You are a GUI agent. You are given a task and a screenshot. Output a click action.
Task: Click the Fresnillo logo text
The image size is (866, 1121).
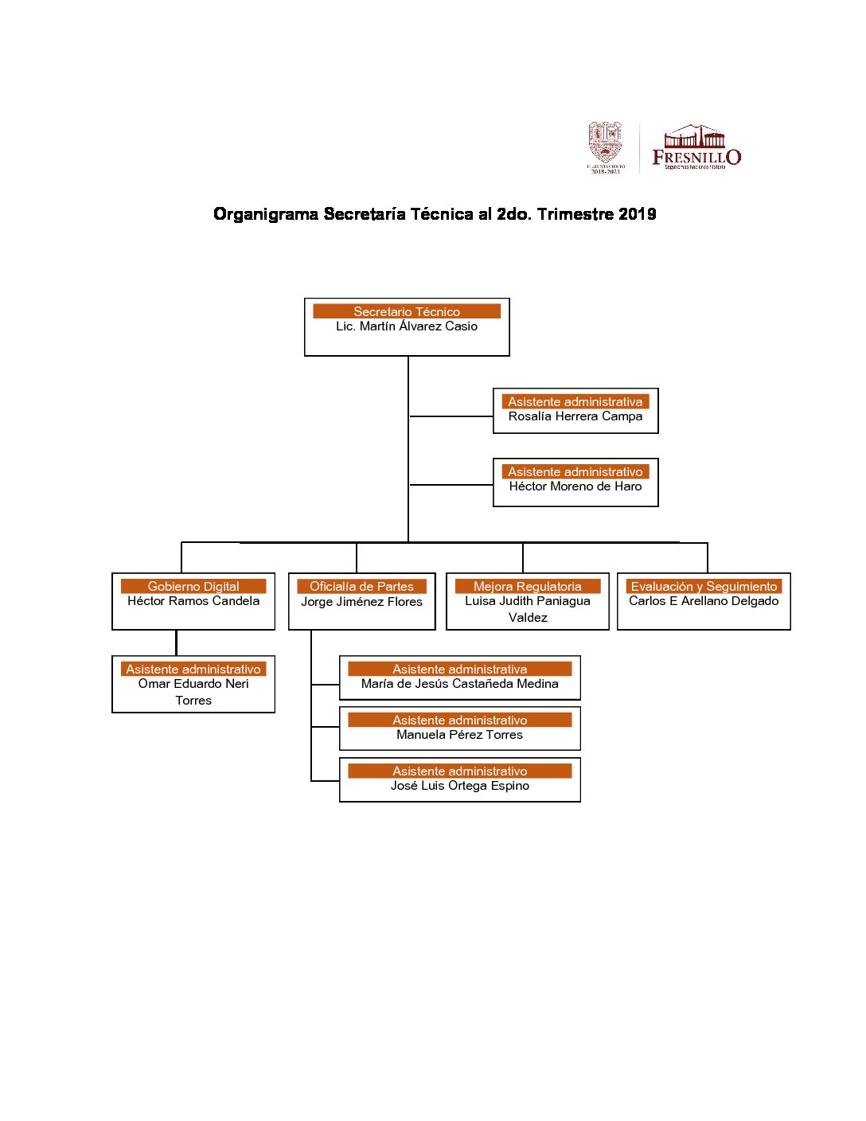696,157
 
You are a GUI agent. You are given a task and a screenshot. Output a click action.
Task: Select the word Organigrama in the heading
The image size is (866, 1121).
266,213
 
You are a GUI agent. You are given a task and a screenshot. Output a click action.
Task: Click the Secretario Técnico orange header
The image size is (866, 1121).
407,311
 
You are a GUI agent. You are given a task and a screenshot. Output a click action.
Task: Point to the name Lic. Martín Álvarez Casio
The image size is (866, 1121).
407,326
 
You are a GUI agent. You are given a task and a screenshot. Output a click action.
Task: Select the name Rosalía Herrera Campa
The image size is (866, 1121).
575,416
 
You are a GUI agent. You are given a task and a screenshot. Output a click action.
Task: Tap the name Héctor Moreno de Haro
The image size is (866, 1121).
575,486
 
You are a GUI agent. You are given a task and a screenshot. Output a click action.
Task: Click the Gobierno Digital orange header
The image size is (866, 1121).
193,586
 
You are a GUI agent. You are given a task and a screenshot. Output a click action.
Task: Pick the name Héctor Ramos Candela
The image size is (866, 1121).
193,601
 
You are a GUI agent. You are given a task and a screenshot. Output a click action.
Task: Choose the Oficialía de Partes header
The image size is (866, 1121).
361,586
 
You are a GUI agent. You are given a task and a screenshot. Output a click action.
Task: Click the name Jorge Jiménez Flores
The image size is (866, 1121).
361,602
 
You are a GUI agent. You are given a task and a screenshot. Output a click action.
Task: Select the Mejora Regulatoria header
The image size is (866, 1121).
528,586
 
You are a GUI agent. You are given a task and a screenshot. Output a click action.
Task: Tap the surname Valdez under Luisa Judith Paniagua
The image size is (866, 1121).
528,618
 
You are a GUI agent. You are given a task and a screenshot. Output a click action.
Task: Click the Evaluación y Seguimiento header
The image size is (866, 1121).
704,586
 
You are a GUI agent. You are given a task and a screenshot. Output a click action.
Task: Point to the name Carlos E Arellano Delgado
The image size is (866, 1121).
704,601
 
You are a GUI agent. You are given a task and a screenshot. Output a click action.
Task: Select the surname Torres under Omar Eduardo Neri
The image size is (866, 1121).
193,701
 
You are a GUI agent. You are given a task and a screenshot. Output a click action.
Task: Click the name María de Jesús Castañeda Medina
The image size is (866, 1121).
460,684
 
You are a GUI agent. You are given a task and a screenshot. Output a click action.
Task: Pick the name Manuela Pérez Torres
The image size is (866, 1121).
460,735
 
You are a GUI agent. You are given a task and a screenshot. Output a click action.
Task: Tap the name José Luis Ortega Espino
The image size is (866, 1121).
460,786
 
